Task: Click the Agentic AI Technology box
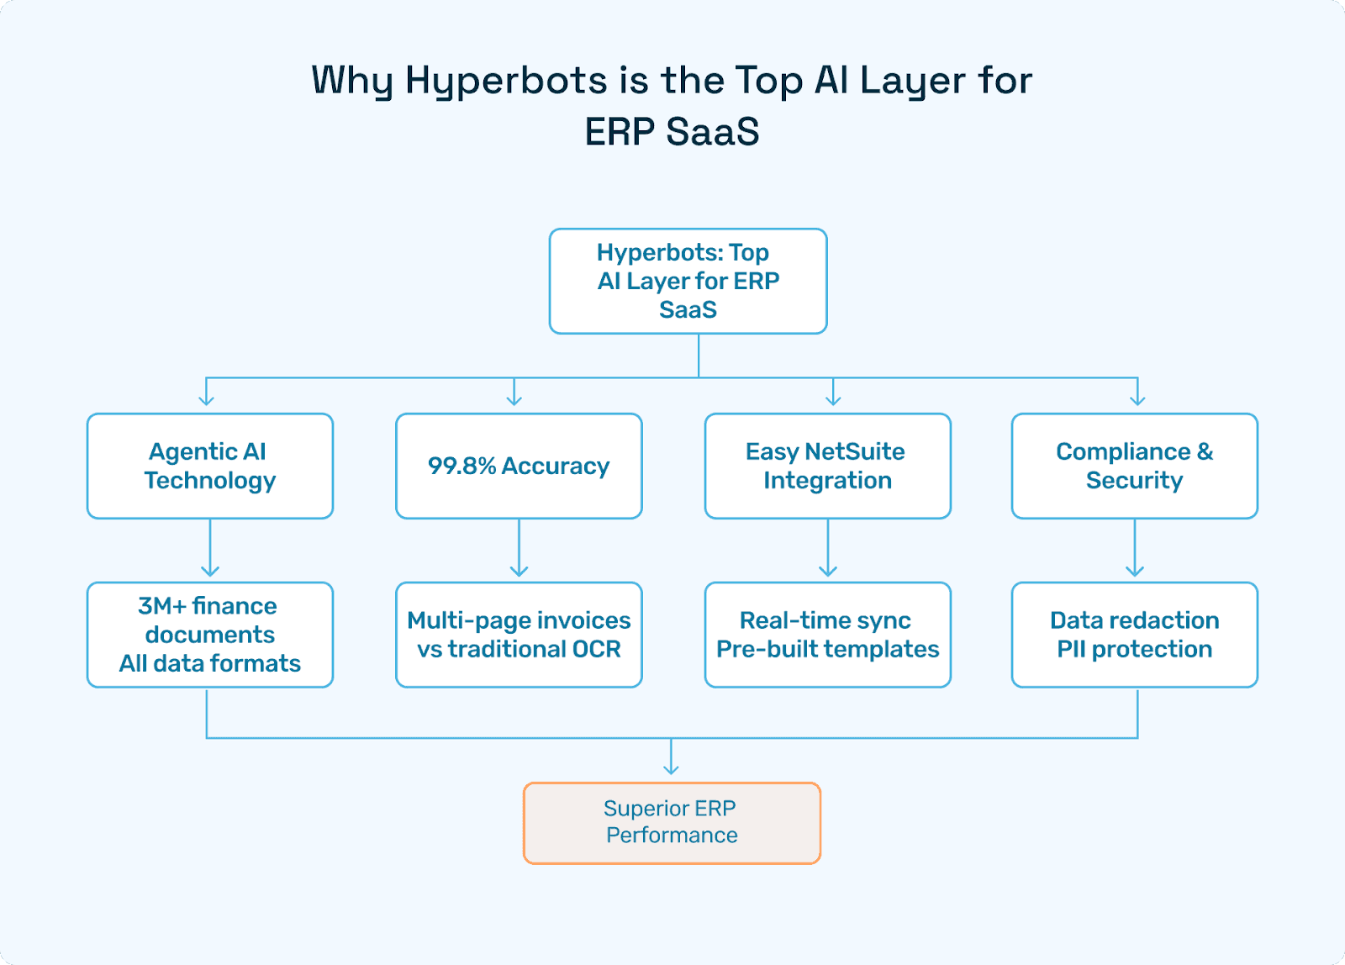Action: (x=210, y=466)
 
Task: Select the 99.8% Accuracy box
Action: (x=519, y=466)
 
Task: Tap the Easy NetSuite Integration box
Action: (x=827, y=466)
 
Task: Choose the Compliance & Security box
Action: (x=1134, y=466)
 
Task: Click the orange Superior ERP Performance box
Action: (x=672, y=823)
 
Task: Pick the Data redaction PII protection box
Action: (x=1134, y=635)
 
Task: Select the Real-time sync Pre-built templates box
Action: (x=827, y=635)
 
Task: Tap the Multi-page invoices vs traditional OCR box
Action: (x=519, y=635)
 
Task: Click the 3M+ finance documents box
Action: (x=210, y=635)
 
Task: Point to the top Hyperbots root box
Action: (x=688, y=281)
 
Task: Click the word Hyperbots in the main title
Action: (x=506, y=81)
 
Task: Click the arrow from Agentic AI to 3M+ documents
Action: (x=210, y=549)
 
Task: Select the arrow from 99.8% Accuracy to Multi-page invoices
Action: (x=519, y=549)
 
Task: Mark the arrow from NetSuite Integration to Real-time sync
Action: (x=828, y=549)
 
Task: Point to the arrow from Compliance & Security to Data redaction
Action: (x=1135, y=549)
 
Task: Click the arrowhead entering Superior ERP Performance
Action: (x=671, y=767)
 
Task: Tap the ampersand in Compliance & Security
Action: (x=1205, y=451)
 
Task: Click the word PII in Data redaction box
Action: (x=1071, y=649)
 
